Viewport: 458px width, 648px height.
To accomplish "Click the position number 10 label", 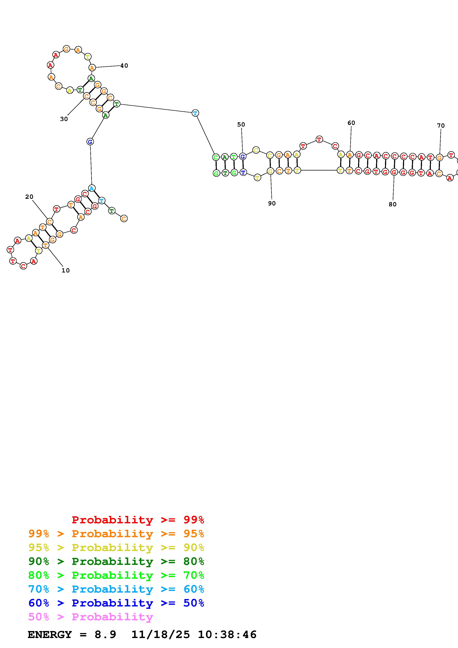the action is click(x=65, y=270).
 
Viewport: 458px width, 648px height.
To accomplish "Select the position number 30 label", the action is click(x=64, y=119).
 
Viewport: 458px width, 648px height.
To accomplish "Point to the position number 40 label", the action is click(x=124, y=66).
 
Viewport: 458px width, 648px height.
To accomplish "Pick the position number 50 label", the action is click(x=241, y=125).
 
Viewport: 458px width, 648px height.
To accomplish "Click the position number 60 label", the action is click(x=351, y=123).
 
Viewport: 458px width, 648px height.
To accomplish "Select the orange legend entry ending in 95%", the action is click(x=116, y=534).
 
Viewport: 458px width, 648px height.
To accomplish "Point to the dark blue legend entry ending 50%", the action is click(x=116, y=603).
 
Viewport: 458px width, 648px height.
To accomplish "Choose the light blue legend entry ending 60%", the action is click(x=116, y=589).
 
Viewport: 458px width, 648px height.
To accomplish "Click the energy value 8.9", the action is click(x=105, y=635).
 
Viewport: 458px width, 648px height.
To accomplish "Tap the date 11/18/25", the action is click(x=161, y=635).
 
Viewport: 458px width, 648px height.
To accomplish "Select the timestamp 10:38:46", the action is click(x=227, y=635).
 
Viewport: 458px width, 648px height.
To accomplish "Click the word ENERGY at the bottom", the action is click(x=50, y=635).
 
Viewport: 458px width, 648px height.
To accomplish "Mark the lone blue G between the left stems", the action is click(x=90, y=142).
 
